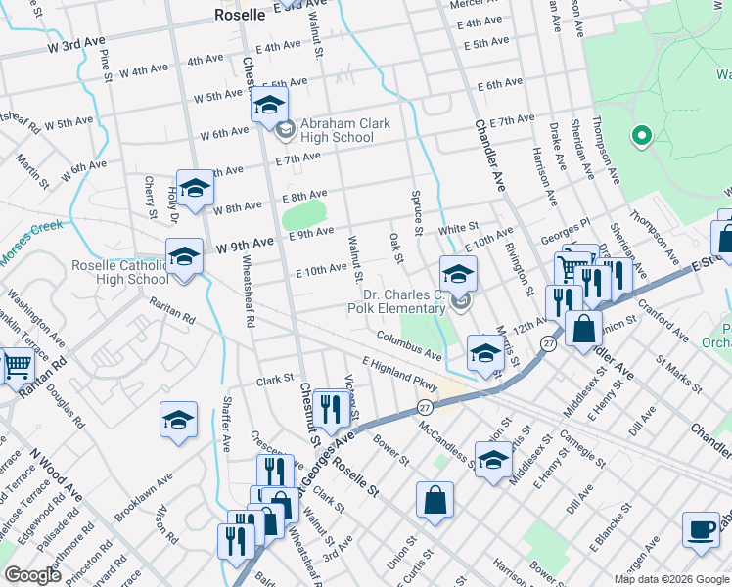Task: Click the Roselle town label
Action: click(x=240, y=15)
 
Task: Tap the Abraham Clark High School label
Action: click(x=337, y=130)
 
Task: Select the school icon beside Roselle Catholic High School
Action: click(x=183, y=257)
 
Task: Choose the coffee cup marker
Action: click(x=701, y=529)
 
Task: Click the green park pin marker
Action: click(x=642, y=136)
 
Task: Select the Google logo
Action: click(x=32, y=575)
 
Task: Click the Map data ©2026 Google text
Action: click(x=670, y=579)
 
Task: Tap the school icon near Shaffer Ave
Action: click(x=178, y=420)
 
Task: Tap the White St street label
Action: click(x=458, y=227)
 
